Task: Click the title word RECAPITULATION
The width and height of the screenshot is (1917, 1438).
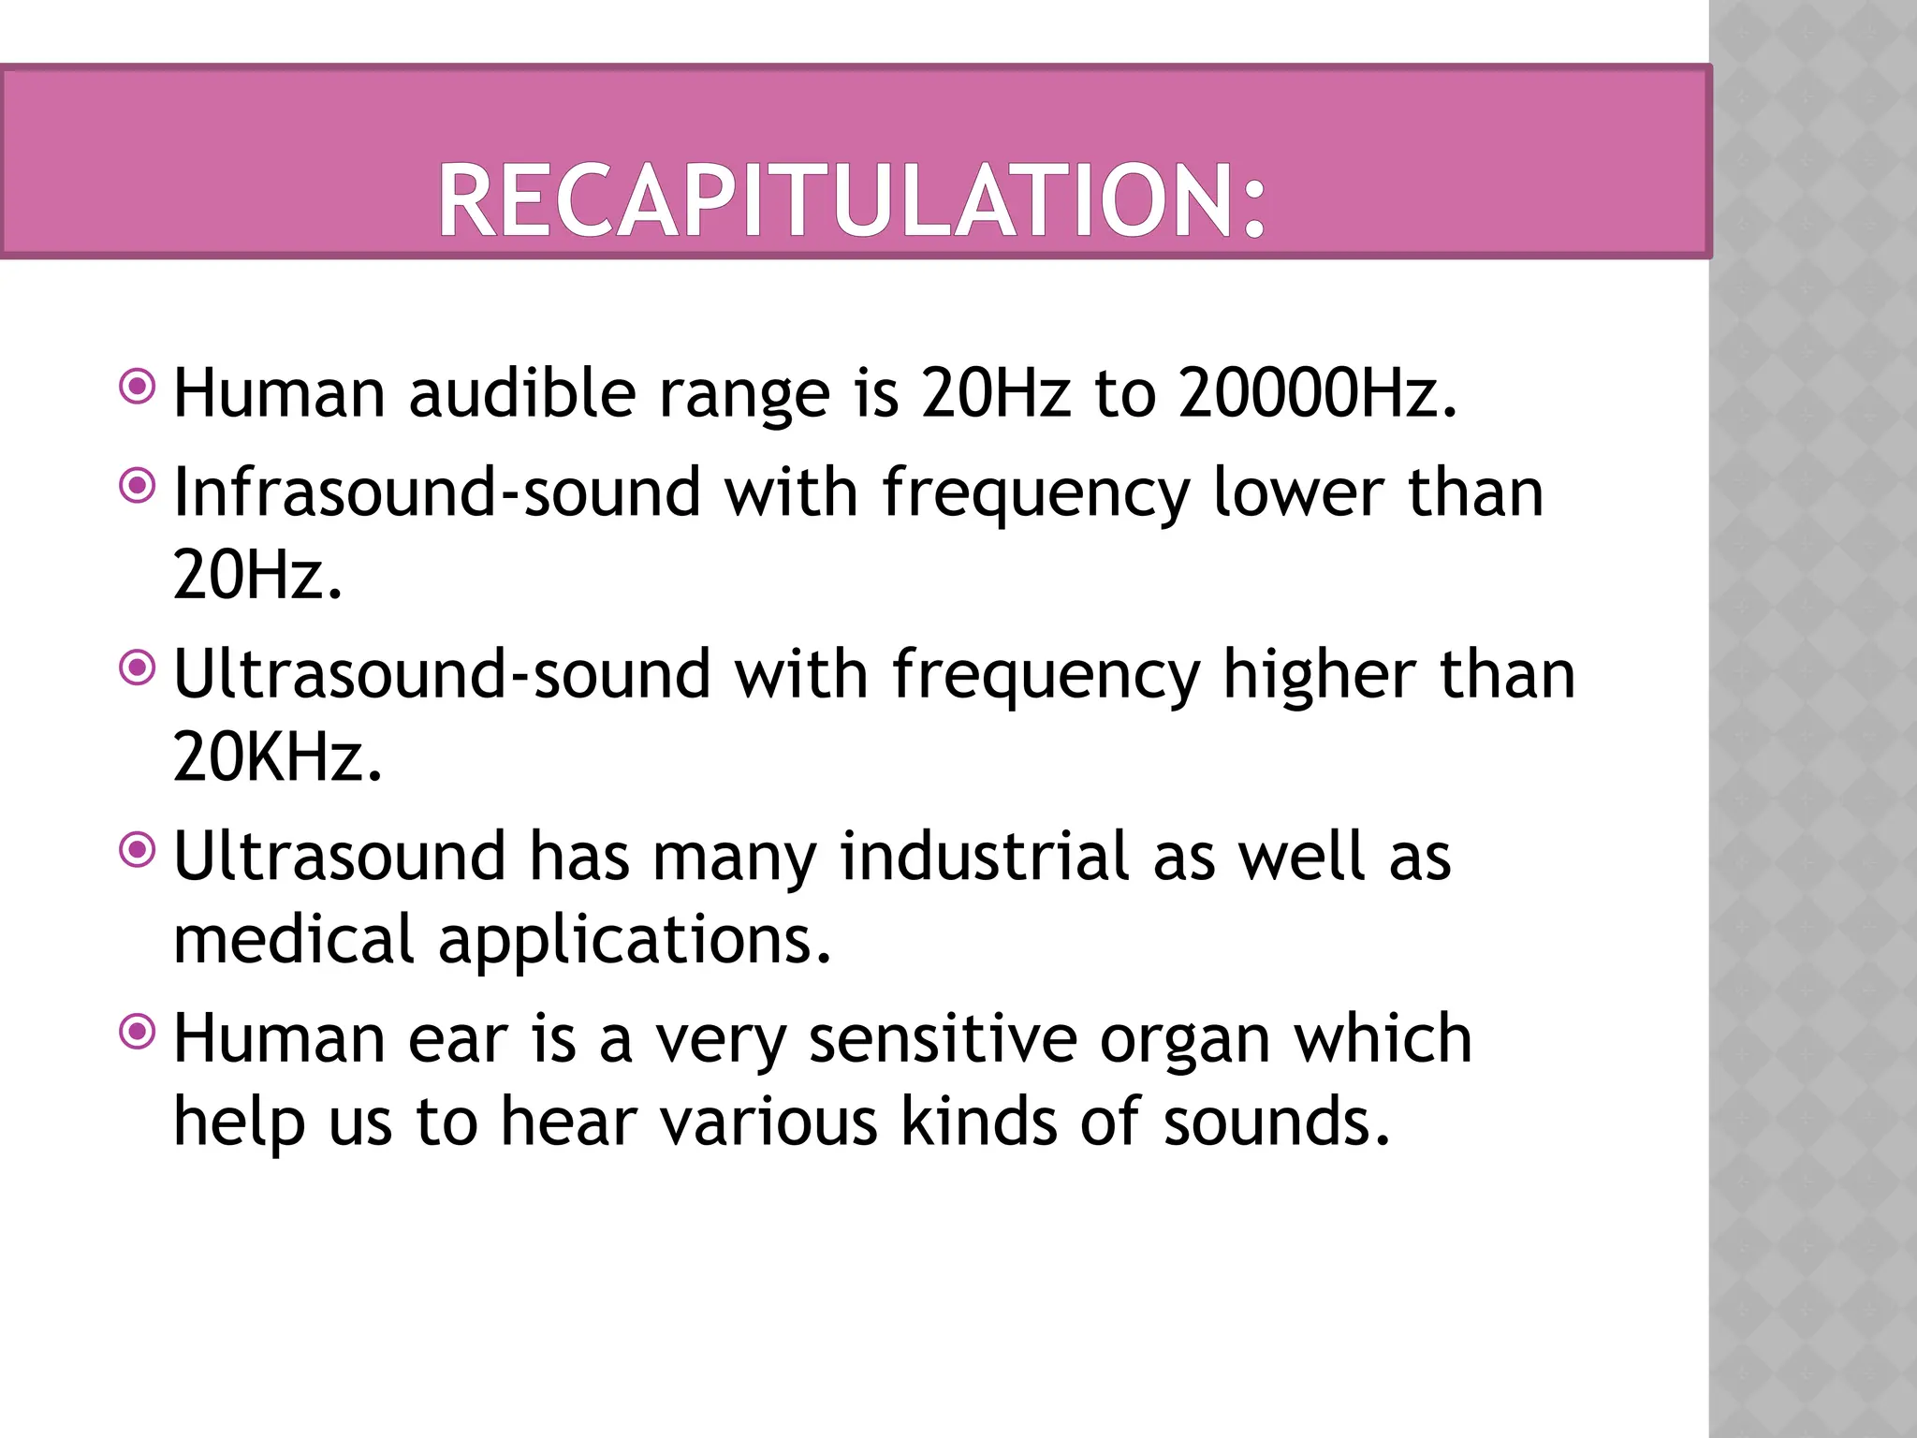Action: click(852, 200)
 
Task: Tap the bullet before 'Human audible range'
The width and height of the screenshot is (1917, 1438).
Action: click(139, 385)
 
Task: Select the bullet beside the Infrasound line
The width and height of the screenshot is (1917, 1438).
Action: click(139, 485)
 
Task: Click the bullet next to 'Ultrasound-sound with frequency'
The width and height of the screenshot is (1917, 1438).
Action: click(139, 667)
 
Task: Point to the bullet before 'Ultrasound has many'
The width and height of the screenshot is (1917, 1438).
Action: click(139, 849)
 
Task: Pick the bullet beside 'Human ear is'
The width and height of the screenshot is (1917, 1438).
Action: click(139, 1032)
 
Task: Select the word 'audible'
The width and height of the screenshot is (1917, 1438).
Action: click(522, 392)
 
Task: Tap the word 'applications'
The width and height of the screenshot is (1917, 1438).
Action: click(634, 941)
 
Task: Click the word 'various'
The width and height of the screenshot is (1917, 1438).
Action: click(768, 1122)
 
